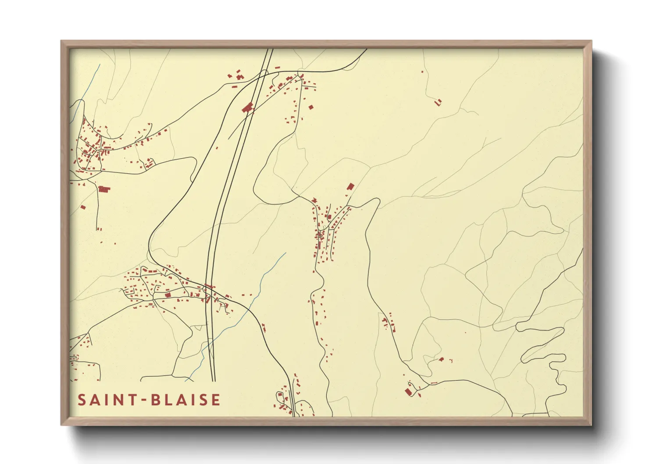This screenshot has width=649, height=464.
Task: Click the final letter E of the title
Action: point(215,400)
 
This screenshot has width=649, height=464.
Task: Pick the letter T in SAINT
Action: point(133,400)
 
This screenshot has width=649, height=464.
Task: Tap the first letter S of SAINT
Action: point(82,400)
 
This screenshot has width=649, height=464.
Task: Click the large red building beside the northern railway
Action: point(248,107)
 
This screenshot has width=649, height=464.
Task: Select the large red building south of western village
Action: point(104,189)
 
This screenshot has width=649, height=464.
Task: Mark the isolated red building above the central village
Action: point(350,187)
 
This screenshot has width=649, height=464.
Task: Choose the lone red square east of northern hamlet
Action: point(311,107)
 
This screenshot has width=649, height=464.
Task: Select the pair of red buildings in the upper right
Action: point(438,102)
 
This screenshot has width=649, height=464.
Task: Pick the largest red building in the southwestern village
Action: point(167,295)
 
